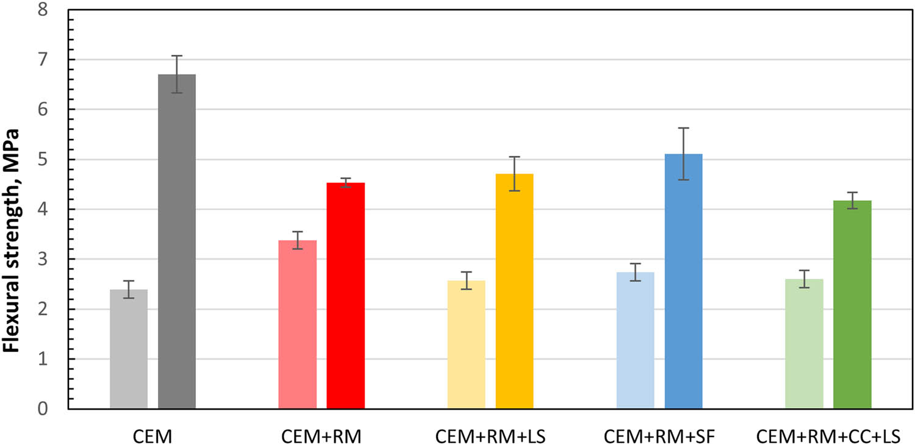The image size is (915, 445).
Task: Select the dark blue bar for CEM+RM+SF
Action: [x=683, y=281]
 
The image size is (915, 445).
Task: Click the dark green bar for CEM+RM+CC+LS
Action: [x=852, y=304]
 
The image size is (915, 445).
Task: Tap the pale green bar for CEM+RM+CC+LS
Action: [x=804, y=344]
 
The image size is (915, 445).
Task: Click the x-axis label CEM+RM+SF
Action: [x=659, y=436]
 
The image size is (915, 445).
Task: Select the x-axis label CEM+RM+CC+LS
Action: [x=828, y=436]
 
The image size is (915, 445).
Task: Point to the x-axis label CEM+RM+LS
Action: [x=490, y=436]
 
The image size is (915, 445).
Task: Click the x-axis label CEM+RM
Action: [x=321, y=436]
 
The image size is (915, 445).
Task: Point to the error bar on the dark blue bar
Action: [x=683, y=154]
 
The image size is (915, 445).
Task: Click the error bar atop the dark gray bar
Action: [x=177, y=74]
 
